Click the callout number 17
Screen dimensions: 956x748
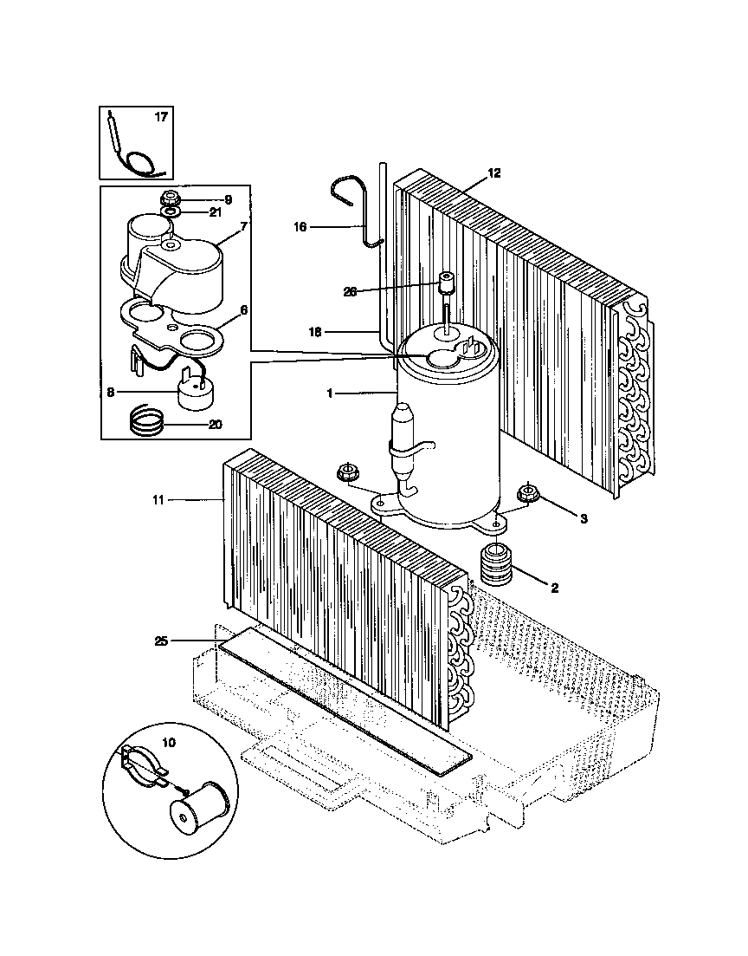click(161, 117)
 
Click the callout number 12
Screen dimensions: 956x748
click(493, 172)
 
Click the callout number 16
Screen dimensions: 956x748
click(300, 227)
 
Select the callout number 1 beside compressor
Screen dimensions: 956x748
click(329, 393)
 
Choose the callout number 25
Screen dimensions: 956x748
click(160, 641)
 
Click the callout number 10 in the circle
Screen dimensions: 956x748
click(169, 742)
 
